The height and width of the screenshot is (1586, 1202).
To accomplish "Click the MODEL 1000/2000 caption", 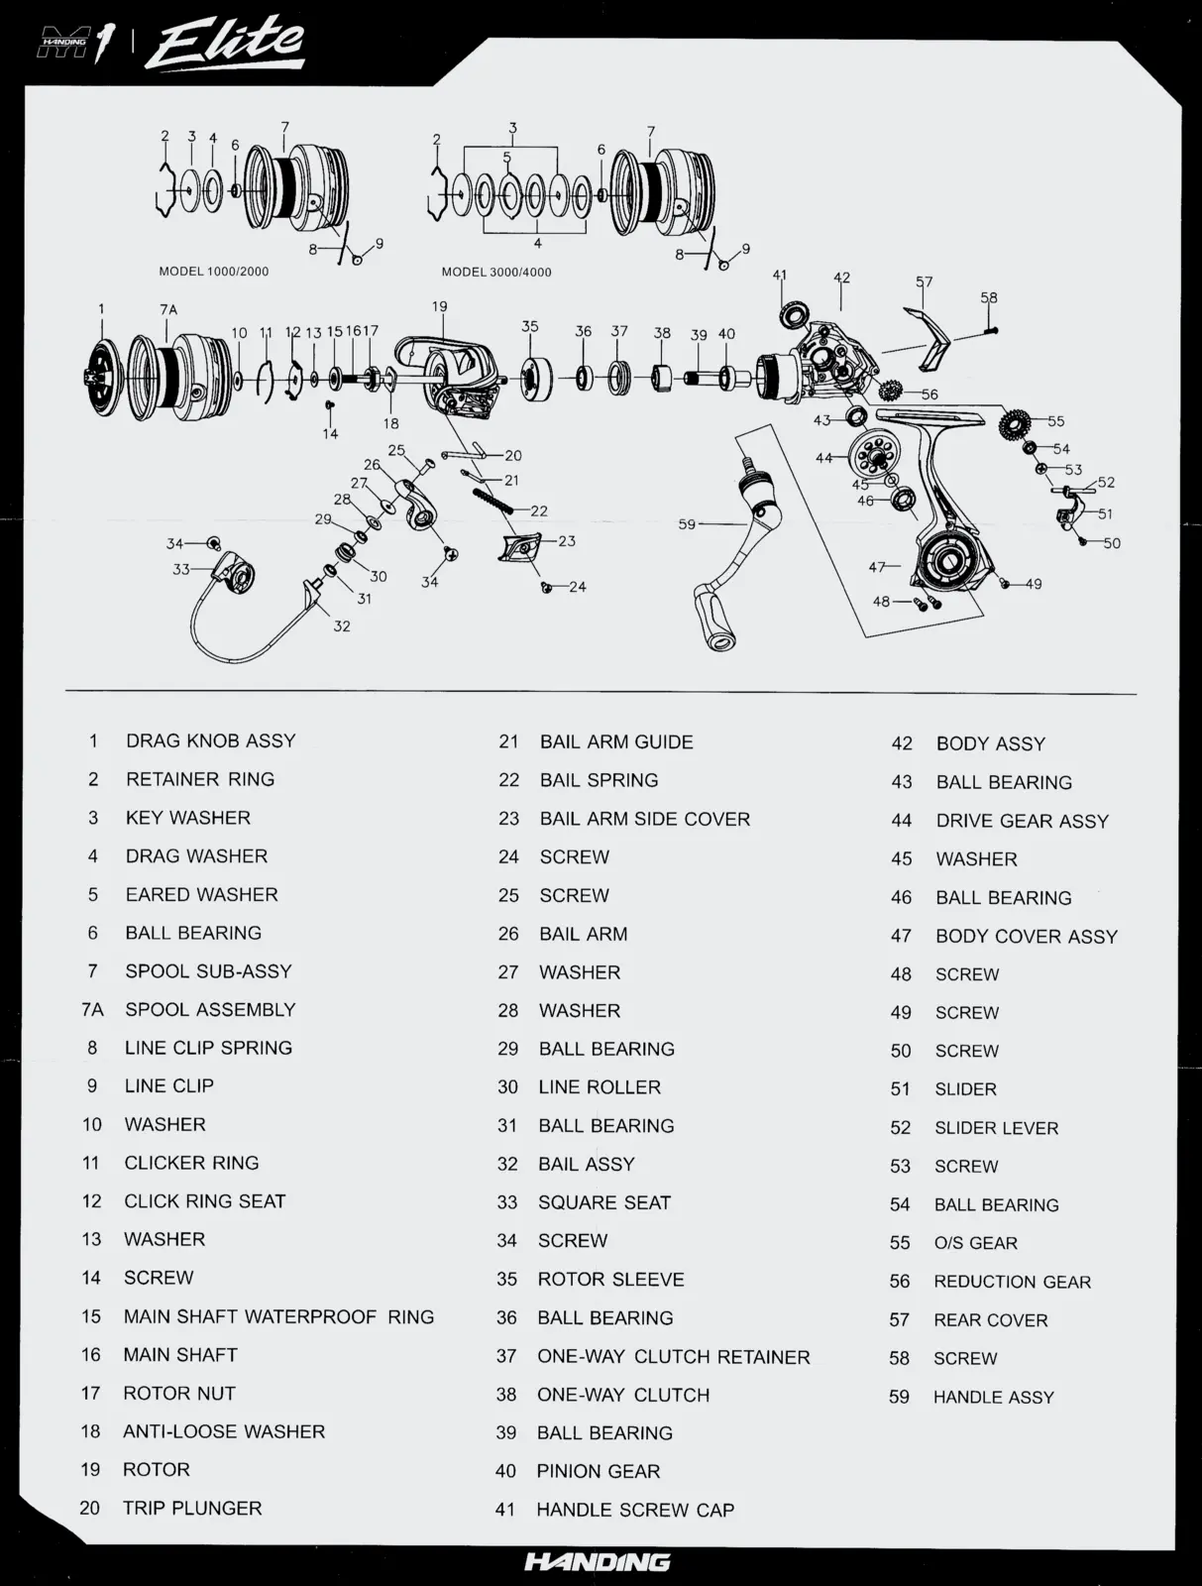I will [x=213, y=272].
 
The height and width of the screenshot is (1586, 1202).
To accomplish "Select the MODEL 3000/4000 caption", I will [x=496, y=273].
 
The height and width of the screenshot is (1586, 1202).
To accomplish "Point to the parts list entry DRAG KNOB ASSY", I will [x=210, y=740].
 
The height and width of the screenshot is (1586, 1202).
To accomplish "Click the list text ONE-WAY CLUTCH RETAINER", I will [x=673, y=1356].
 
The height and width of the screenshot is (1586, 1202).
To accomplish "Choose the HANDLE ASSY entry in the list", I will [x=993, y=1397].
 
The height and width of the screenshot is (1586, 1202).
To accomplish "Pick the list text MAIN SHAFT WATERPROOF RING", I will [x=278, y=1316].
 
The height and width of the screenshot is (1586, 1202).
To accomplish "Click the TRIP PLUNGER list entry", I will [x=192, y=1508].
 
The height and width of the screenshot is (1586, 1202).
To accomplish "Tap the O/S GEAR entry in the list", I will [x=975, y=1243].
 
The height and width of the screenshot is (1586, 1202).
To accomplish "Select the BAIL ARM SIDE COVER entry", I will [x=644, y=819].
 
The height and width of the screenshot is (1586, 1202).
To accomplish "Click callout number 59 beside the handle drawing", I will [x=687, y=524].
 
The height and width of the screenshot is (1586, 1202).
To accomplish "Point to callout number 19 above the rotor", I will [x=439, y=306].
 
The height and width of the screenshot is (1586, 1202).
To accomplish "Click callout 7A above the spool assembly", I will [x=168, y=309].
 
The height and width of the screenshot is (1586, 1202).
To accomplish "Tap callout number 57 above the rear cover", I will [x=924, y=282].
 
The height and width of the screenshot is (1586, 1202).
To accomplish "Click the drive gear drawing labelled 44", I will [x=875, y=457].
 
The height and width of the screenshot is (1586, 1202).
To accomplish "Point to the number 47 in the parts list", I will [x=901, y=936].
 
